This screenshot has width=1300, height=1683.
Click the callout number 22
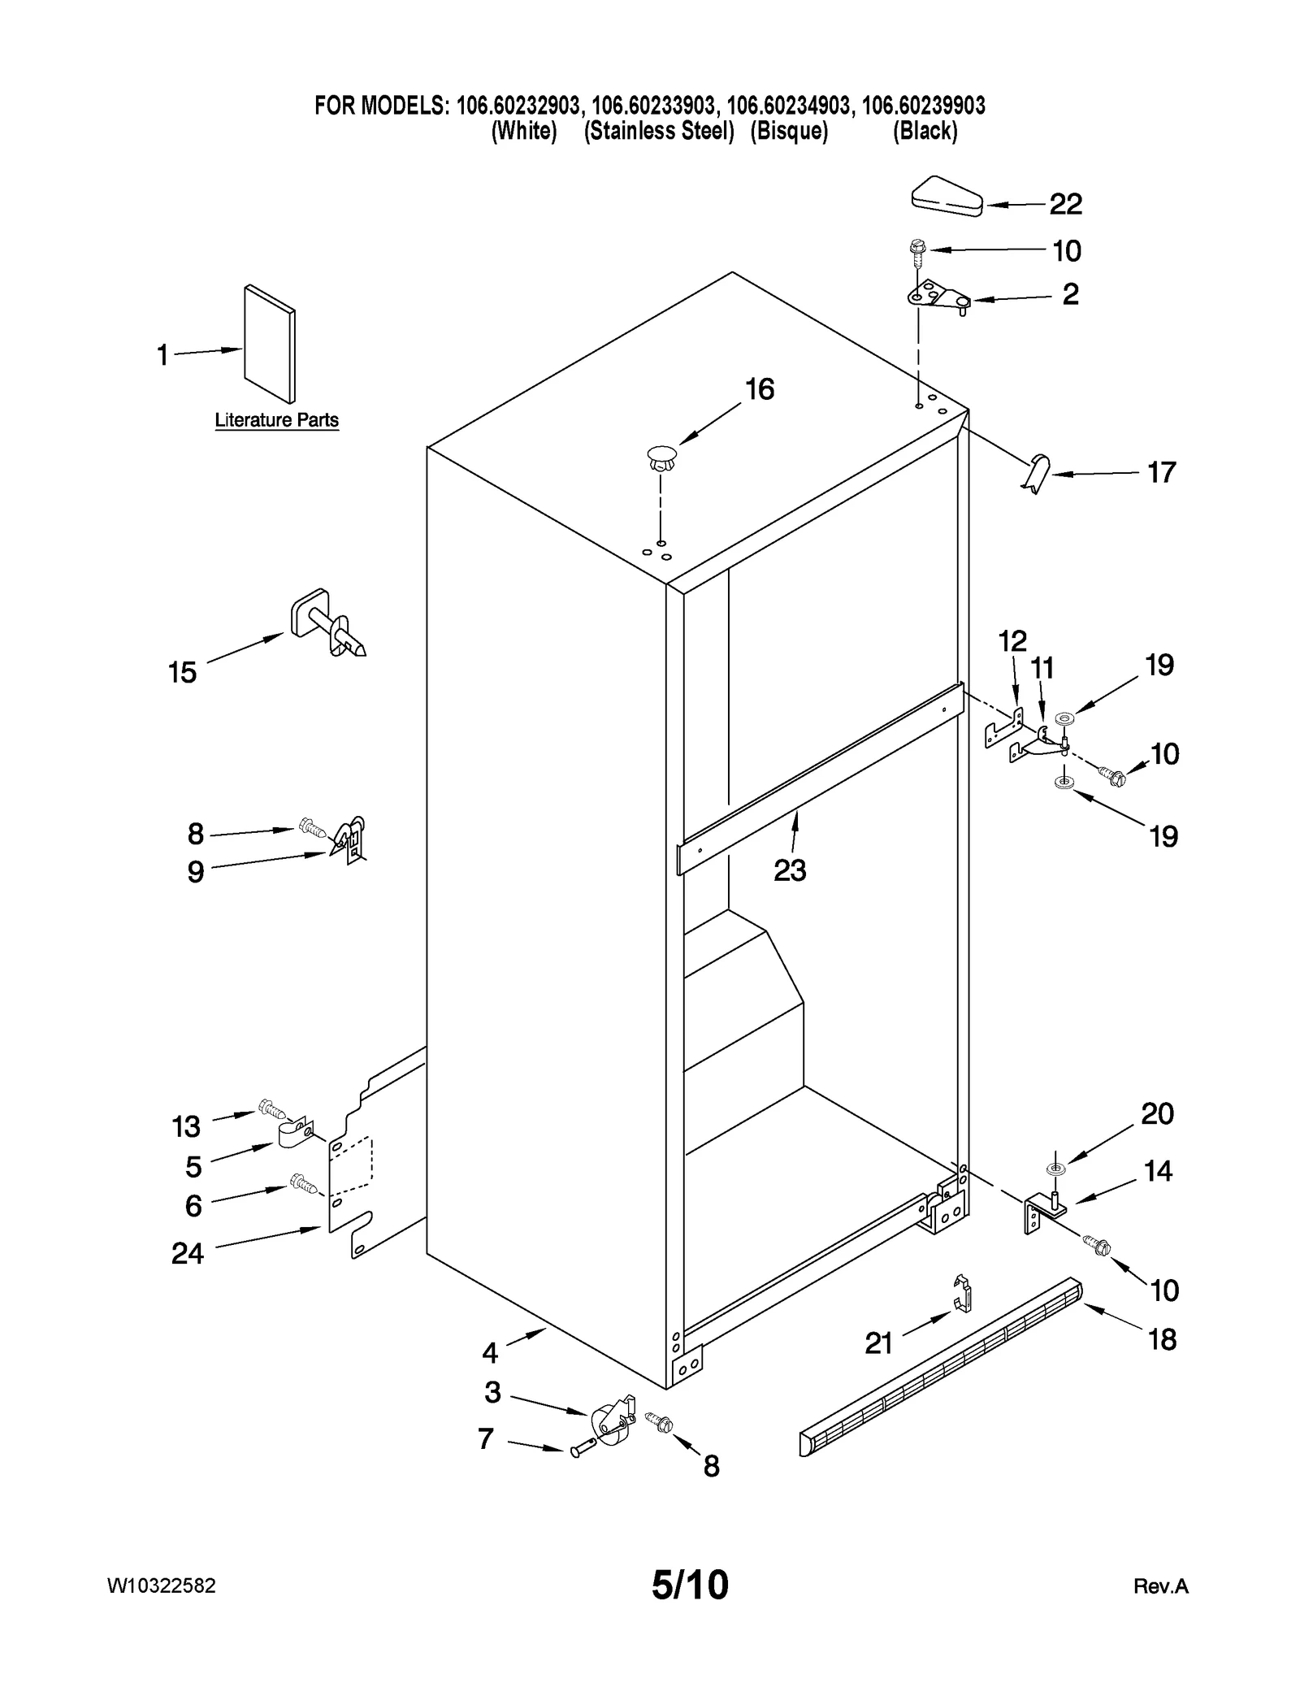tap(1065, 204)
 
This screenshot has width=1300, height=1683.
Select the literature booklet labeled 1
tap(270, 344)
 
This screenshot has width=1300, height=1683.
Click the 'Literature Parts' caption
tap(276, 420)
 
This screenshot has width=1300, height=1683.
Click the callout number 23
tap(789, 870)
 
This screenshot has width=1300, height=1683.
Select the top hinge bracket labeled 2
tap(938, 297)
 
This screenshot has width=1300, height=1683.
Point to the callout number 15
tap(182, 672)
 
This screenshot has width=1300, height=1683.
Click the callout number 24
tap(187, 1254)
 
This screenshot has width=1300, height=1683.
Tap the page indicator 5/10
tap(690, 1584)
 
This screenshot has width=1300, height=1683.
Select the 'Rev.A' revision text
tap(1160, 1586)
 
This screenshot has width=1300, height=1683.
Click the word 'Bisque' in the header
tap(789, 131)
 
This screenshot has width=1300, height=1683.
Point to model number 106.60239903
tap(923, 106)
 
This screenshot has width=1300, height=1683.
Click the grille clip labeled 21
tap(962, 1293)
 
